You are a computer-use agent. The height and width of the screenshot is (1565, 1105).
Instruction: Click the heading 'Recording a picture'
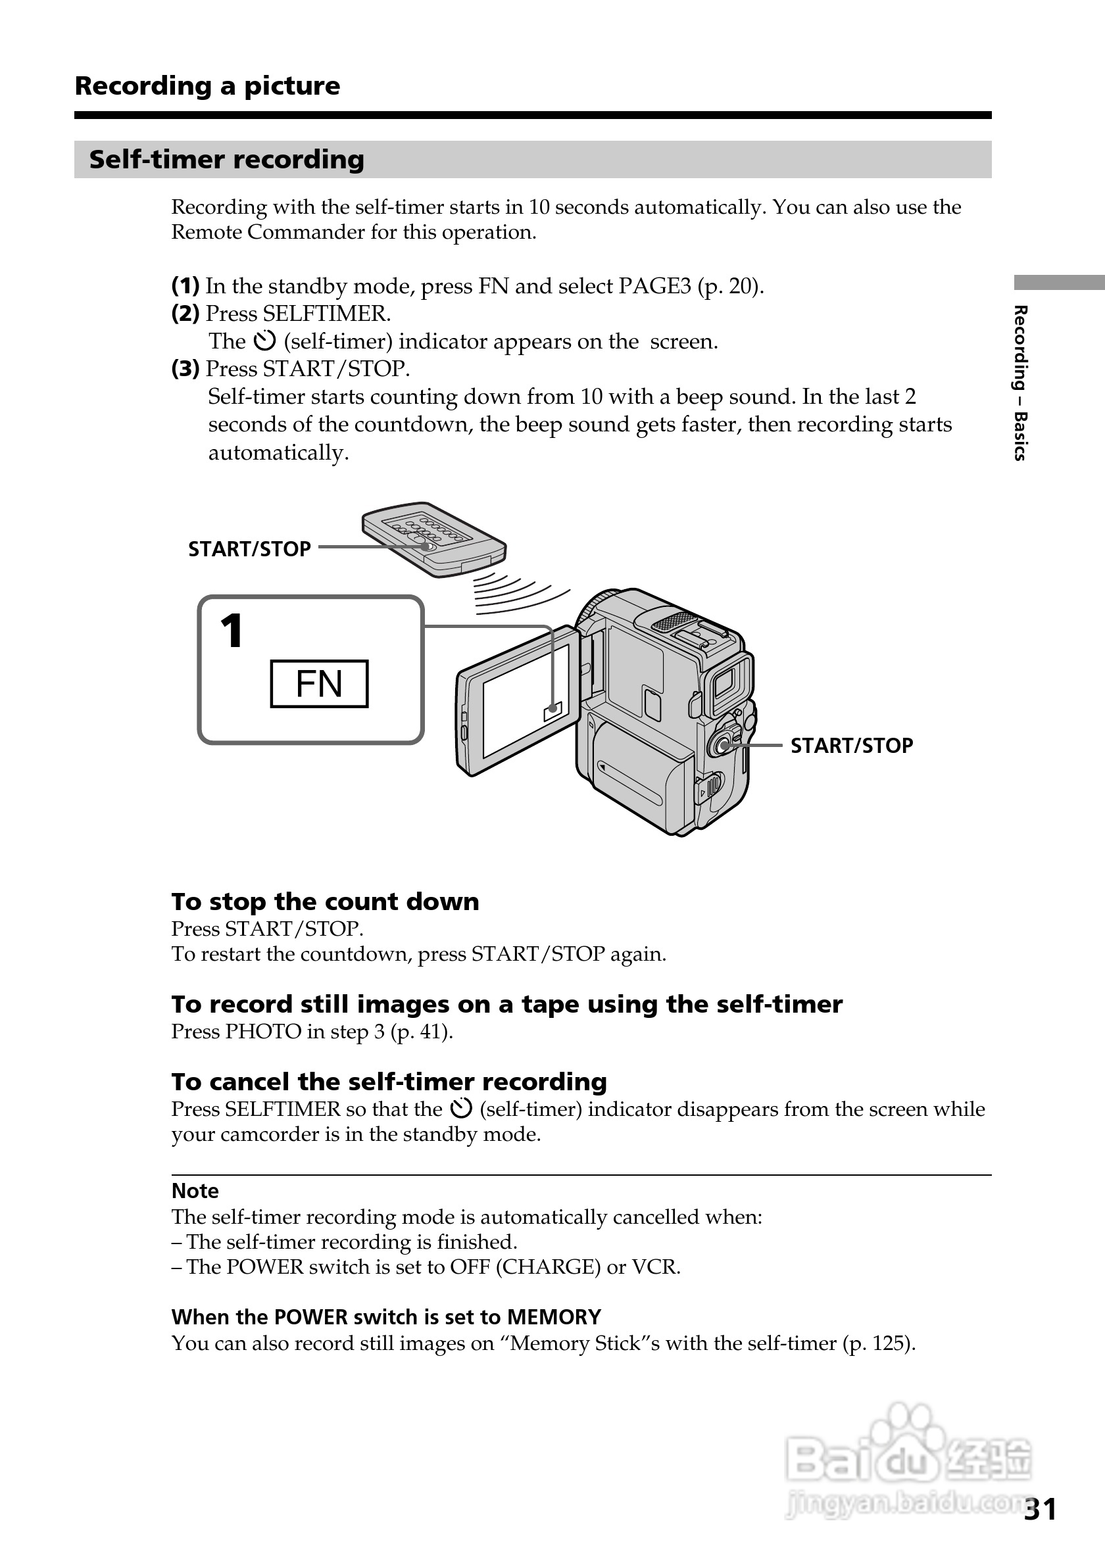pos(207,86)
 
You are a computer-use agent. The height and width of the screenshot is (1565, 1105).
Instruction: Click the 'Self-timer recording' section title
pos(226,160)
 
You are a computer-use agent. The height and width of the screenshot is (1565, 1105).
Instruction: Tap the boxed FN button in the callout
pos(319,684)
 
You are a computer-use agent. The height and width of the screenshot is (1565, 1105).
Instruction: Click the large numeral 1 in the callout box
pos(232,631)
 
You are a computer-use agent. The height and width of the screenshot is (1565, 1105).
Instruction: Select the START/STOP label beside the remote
pos(249,548)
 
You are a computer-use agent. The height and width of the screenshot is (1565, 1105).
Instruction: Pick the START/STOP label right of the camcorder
pos(851,746)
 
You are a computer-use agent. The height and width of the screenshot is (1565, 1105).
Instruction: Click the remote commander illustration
pos(433,539)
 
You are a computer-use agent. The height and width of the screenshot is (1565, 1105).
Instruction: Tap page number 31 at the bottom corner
pos(1041,1510)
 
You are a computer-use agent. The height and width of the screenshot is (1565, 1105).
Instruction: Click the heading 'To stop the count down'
pos(325,902)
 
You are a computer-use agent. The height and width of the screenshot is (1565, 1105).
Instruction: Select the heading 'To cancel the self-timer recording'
pos(389,1082)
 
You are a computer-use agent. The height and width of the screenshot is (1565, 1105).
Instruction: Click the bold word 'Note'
pos(195,1191)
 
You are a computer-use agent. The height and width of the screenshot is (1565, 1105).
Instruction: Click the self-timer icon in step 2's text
pos(264,341)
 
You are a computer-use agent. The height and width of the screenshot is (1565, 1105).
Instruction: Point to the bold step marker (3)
pos(185,369)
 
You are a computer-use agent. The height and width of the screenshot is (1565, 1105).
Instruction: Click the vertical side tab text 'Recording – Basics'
pos(1019,383)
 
